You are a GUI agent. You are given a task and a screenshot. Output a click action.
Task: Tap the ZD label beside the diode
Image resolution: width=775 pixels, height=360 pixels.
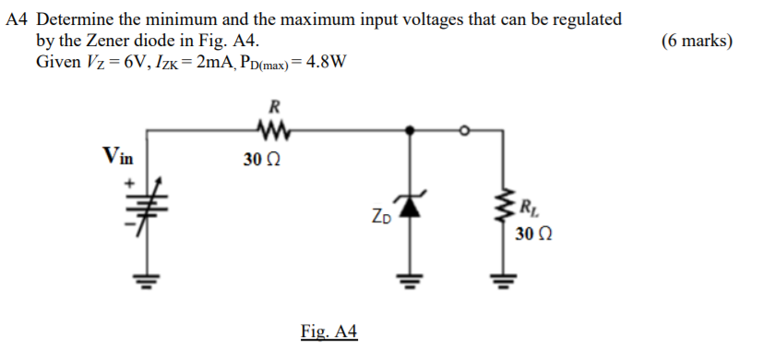tap(380, 219)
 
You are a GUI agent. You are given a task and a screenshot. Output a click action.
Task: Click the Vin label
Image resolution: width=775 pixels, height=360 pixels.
tap(118, 155)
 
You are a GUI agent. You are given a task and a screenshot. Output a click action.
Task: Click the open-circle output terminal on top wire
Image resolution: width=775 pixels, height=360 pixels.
tap(465, 131)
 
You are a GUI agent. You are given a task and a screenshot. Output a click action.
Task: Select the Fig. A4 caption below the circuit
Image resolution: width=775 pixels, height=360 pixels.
tap(328, 331)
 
